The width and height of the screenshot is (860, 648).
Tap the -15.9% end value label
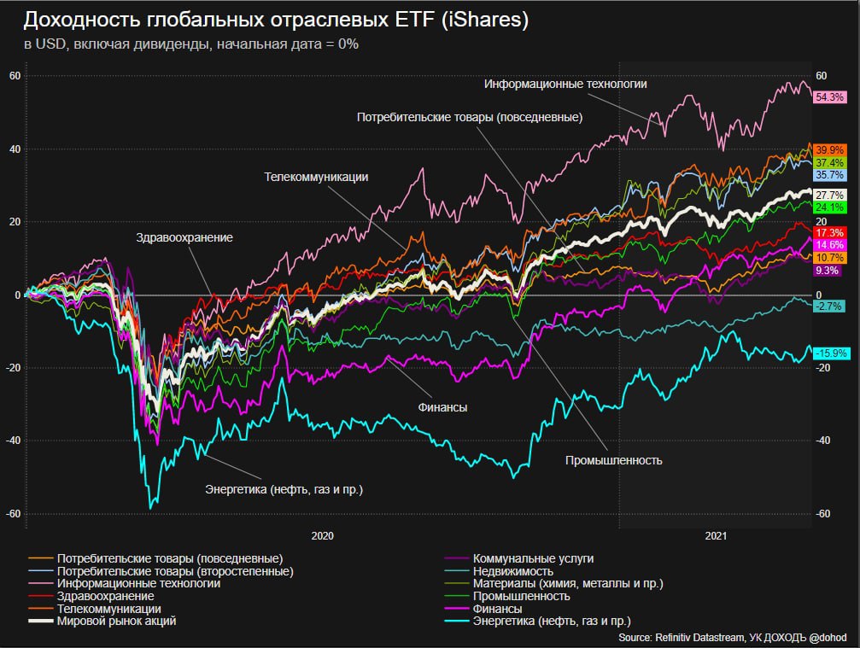coord(830,353)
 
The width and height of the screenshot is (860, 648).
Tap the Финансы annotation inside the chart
coord(442,409)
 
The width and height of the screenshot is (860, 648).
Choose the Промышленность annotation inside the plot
coord(614,460)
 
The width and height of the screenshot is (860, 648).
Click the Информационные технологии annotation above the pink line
coord(565,85)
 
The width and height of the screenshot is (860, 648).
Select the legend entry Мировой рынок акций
coord(116,622)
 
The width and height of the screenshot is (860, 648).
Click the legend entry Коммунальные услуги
coord(533,558)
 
